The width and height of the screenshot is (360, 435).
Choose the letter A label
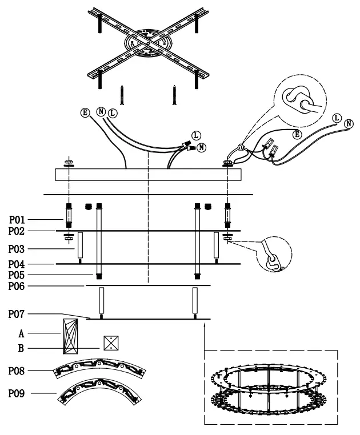pos(20,332)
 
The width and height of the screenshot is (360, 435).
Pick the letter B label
pos(20,348)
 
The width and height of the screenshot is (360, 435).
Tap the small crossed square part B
pos(110,343)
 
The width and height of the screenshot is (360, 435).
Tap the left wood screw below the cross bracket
pos(122,95)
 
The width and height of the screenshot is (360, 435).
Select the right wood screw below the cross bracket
pos(174,95)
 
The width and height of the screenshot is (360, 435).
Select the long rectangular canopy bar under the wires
pos(148,174)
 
